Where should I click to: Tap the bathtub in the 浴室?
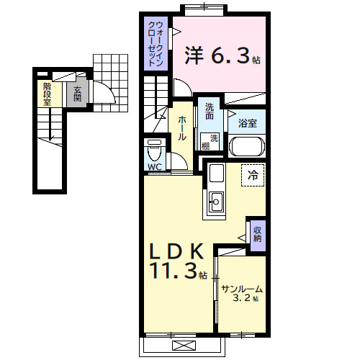247,146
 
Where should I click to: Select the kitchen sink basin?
216,202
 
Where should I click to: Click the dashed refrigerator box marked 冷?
253,175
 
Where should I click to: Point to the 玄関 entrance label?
77,94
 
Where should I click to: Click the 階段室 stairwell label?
48,94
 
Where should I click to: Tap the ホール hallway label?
181,128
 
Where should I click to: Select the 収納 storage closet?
258,235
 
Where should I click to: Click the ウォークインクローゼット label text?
156,44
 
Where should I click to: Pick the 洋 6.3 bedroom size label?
222,55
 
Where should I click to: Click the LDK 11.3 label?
178,261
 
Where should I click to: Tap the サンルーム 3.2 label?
242,293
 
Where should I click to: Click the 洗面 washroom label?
210,112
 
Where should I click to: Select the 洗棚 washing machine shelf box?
210,142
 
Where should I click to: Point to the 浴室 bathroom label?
248,123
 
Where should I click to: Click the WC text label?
155,166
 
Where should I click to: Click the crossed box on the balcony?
184,346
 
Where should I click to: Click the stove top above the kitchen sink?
217,173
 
